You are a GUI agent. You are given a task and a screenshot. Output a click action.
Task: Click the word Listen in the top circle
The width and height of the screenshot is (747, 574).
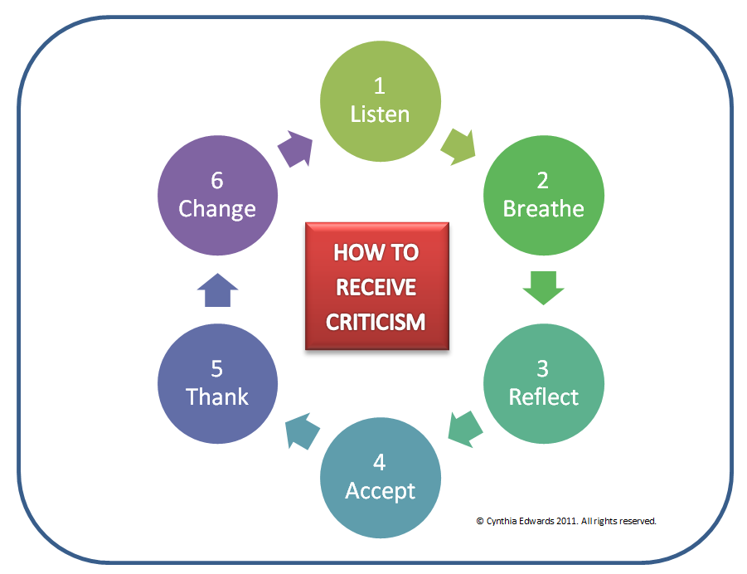380,114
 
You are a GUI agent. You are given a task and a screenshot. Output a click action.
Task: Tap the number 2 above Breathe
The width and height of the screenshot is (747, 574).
543,179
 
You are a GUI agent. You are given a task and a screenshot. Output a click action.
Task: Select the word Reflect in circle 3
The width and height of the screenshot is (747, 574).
543,396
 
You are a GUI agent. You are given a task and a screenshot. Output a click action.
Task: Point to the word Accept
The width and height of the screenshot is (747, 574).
380,490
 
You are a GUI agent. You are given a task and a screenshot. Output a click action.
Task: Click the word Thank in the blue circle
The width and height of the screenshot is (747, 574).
217,396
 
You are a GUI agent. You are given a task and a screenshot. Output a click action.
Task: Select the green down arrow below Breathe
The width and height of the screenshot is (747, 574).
543,289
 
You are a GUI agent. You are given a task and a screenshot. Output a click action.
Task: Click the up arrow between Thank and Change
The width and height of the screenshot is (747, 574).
218,291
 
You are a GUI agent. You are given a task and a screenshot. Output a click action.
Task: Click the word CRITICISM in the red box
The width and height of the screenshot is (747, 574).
376,322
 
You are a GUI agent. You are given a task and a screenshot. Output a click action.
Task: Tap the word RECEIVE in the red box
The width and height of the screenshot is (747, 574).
376,287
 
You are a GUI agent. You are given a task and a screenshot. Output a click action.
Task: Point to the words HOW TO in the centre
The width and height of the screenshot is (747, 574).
376,252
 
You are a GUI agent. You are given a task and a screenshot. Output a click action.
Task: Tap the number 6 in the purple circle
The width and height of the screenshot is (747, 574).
217,179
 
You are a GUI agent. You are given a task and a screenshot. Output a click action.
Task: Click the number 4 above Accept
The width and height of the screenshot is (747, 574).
380,462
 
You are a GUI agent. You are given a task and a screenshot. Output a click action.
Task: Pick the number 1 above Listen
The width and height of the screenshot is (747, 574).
380,85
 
